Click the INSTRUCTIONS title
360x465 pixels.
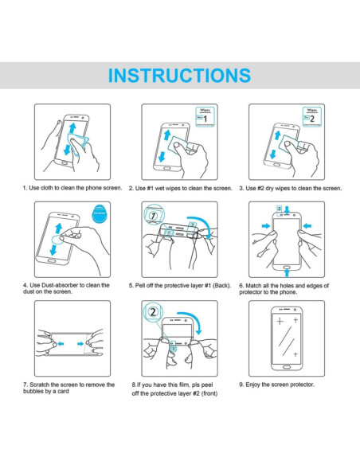[x=179, y=76]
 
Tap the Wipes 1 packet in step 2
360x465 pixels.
[x=205, y=117]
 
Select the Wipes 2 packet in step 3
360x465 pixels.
[x=312, y=117]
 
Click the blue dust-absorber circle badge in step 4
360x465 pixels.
[x=100, y=213]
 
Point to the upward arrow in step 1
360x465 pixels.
[x=72, y=128]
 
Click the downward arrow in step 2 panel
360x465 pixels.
[x=162, y=156]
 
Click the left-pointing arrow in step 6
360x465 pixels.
[x=307, y=226]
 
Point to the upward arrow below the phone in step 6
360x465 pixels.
[x=287, y=273]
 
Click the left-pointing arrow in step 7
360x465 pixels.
[x=61, y=344]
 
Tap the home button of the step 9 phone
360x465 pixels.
[x=287, y=367]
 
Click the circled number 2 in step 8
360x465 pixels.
[x=153, y=312]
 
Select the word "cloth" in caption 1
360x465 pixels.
[x=46, y=188]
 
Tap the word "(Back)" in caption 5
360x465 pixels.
[x=221, y=286]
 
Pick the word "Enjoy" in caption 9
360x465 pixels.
[x=252, y=385]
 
